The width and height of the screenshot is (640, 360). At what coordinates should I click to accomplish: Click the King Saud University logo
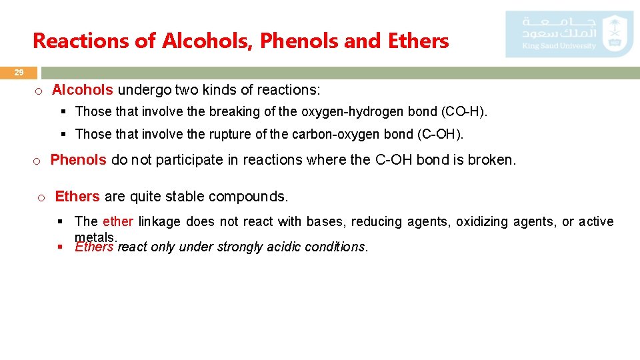coord(569,33)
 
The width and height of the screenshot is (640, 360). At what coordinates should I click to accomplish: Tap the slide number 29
coord(19,72)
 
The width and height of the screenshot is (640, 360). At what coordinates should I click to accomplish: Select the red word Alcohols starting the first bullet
coord(83,89)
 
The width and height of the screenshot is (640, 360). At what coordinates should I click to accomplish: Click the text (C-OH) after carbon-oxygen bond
coord(439,134)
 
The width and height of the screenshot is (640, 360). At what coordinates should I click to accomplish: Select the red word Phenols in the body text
coord(78,160)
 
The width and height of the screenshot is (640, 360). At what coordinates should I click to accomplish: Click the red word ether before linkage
coord(118,221)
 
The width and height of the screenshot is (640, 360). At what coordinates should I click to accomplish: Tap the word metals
coord(95,237)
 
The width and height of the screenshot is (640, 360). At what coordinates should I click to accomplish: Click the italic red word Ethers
coord(94,247)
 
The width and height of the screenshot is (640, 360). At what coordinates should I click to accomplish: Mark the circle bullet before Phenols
coord(37,161)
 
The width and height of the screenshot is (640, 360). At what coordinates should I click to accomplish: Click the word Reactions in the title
coord(81,41)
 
